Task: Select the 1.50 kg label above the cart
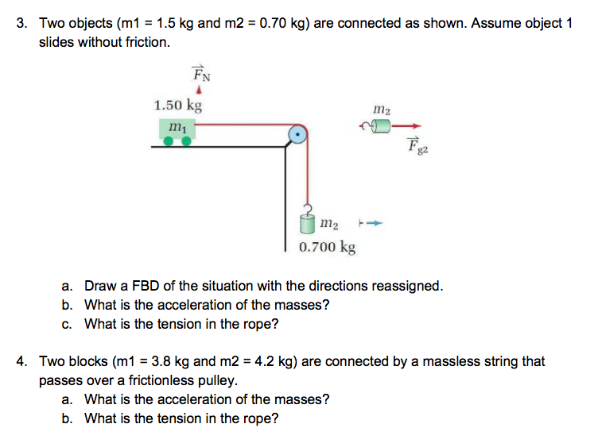point(177,105)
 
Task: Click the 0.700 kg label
point(327,247)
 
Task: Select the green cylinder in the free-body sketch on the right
point(382,125)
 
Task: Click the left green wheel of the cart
point(170,141)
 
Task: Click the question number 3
point(21,23)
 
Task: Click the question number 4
point(21,361)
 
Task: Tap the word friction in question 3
point(148,41)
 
